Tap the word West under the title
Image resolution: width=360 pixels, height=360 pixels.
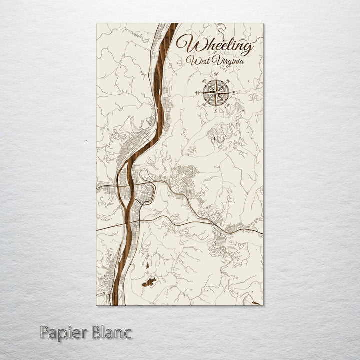click(x=196, y=61)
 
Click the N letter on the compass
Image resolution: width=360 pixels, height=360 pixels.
click(x=216, y=75)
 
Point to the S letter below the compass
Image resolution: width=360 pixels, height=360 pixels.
click(x=216, y=111)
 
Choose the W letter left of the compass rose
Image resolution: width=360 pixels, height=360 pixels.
click(x=198, y=93)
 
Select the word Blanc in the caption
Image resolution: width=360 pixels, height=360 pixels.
click(x=112, y=332)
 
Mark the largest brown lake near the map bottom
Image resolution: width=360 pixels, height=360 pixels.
click(x=149, y=282)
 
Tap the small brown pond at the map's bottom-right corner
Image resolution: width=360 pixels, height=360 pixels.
click(x=255, y=302)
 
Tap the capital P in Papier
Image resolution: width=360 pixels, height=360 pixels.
click(x=45, y=332)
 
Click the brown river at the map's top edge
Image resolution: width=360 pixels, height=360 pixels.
click(x=171, y=27)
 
